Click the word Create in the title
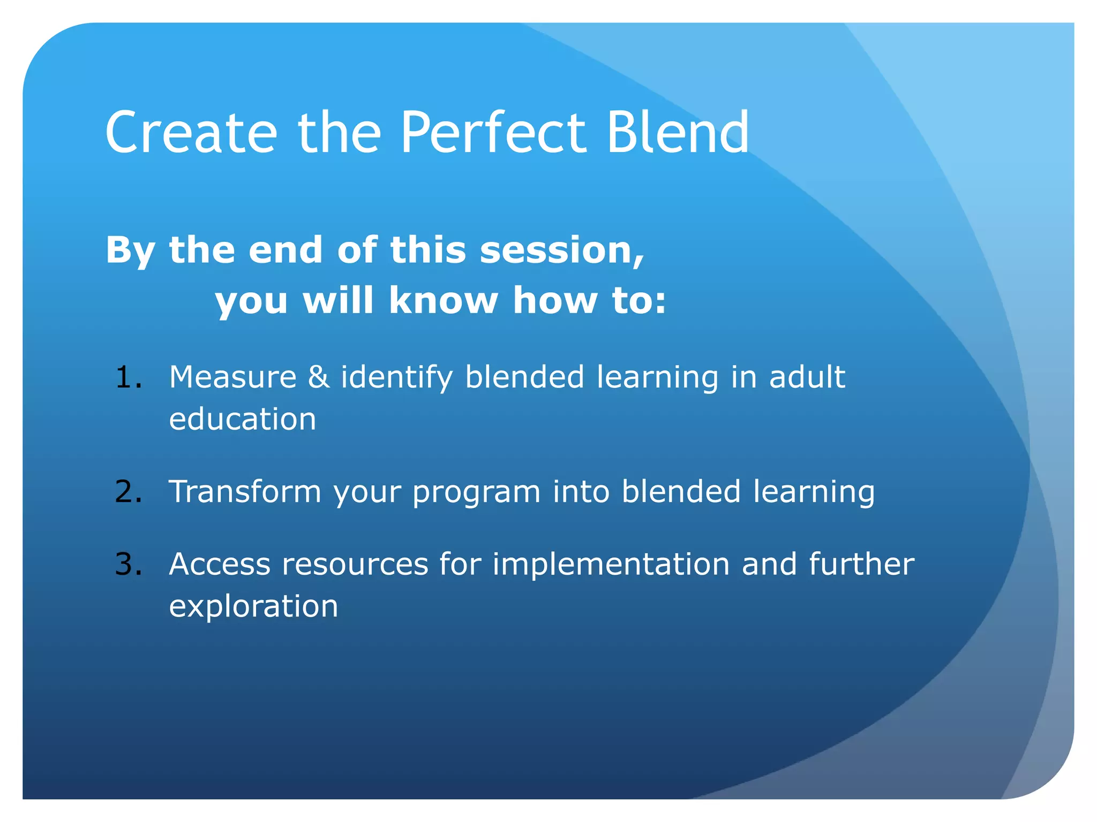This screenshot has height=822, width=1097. (191, 133)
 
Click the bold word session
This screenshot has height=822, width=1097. (561, 250)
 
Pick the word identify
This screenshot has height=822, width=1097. (397, 378)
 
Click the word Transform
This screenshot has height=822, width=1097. (245, 491)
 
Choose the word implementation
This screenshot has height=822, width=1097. (611, 565)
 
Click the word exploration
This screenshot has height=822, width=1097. (253, 607)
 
